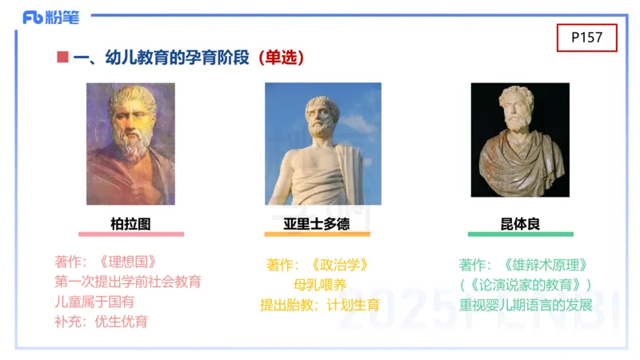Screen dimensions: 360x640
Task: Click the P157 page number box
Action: (x=587, y=37)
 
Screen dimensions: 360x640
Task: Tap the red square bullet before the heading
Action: (x=62, y=58)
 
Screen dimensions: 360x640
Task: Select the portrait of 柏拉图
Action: (x=130, y=144)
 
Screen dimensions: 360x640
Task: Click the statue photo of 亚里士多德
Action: (x=323, y=144)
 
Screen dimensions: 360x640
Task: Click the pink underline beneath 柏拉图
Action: (x=130, y=234)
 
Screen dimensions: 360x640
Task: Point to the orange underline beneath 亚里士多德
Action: (x=317, y=234)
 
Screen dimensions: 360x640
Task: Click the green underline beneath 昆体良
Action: (x=520, y=234)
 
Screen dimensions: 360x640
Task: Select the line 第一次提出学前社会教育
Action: (x=128, y=282)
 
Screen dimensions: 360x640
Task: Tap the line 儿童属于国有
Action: (x=94, y=302)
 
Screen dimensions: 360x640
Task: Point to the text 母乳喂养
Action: (x=320, y=284)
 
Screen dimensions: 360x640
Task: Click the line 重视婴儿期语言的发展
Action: (x=526, y=305)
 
